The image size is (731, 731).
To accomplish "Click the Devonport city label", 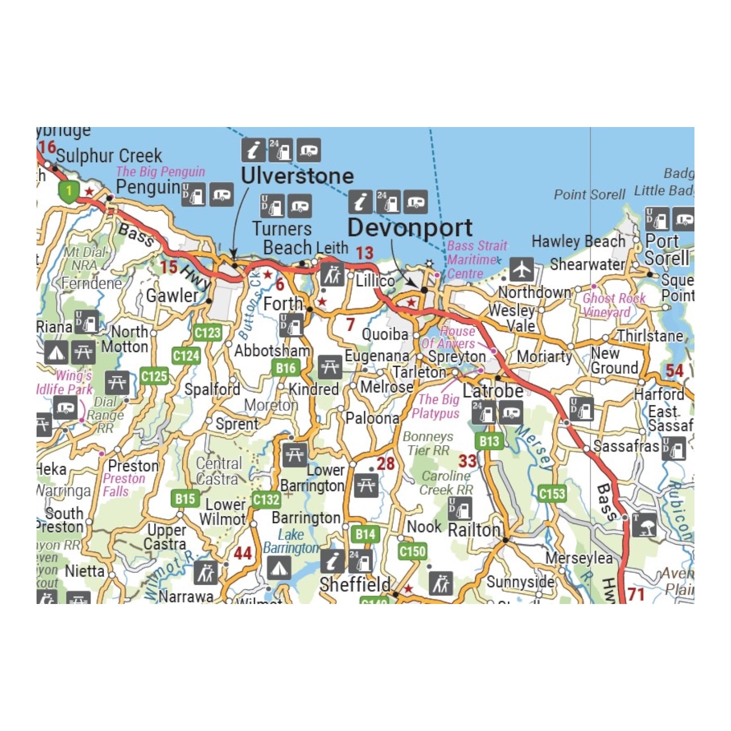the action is pos(410,228).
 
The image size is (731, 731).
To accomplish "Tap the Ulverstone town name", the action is pos(297,176).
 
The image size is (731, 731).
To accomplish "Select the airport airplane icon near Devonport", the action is pos(521,269).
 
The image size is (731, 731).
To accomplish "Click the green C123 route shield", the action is pos(207,333).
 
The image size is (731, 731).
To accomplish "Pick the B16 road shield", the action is pos(286,368).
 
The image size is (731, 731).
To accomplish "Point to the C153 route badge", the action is pos(552,493).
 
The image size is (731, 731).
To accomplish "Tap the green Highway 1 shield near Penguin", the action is pos(69,190).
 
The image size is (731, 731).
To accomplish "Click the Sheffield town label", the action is pos(355,584).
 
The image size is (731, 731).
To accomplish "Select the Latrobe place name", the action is pos(493,391).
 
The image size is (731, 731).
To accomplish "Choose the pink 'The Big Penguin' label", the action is pos(160,171).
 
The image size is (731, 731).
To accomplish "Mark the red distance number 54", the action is pos(674,371).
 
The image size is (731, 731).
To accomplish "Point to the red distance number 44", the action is pos(243,553).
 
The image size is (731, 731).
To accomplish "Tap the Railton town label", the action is pos(475,530).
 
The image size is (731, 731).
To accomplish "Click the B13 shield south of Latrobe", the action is pos(489,441).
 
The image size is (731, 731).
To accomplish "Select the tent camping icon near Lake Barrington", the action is pos(279,568).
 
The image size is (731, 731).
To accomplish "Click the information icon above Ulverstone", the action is pos(253,150).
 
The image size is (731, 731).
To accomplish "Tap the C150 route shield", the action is pos(412,551).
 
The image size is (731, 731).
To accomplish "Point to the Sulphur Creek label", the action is pos(109,156).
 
